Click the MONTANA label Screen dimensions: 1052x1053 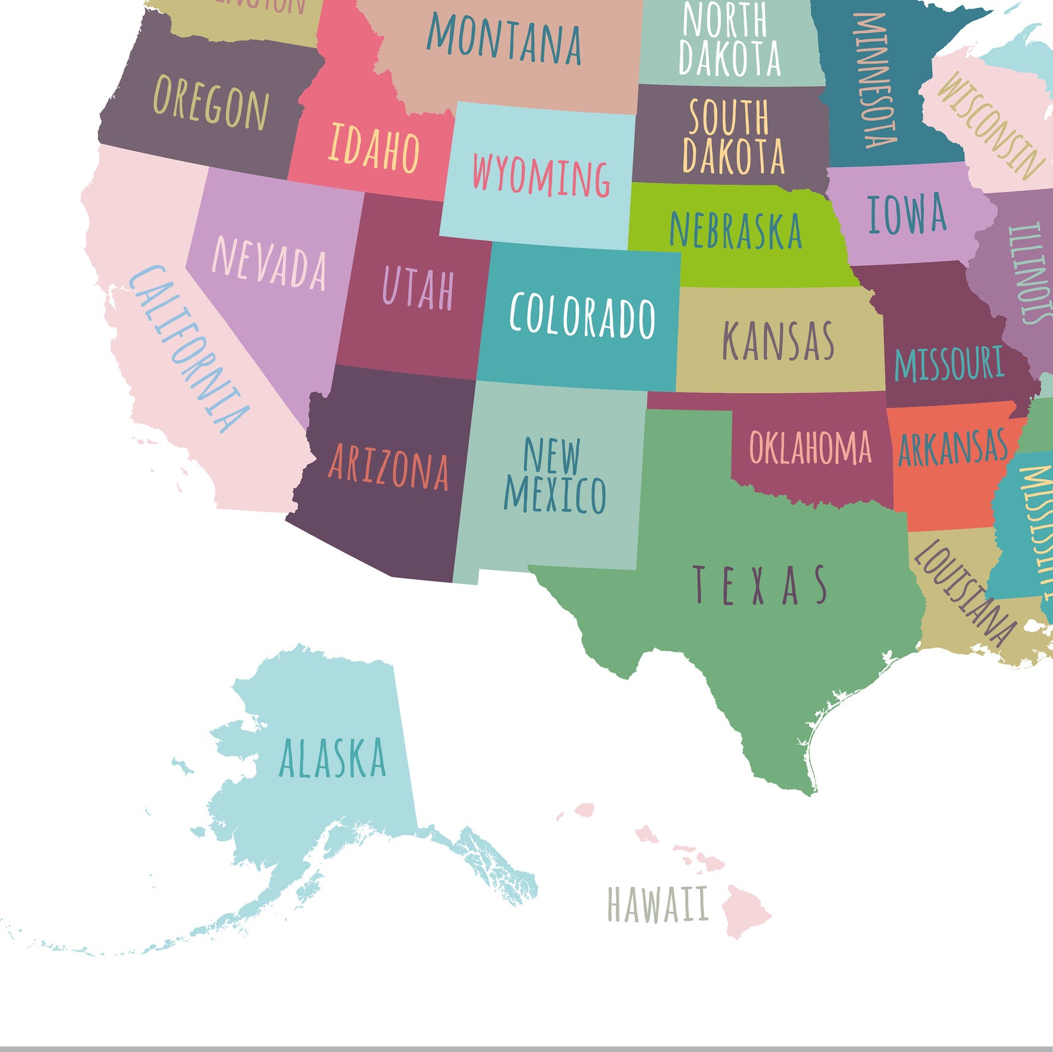click(x=504, y=40)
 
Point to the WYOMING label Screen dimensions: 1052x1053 click(x=540, y=176)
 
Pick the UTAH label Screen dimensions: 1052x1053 click(x=418, y=288)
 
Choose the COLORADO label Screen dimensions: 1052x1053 click(x=582, y=316)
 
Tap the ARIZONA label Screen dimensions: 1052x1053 click(x=389, y=468)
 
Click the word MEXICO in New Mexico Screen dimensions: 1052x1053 click(x=555, y=495)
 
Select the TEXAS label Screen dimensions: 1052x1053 click(x=761, y=585)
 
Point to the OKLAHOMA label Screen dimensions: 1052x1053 click(x=810, y=447)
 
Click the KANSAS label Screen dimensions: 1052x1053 click(x=778, y=341)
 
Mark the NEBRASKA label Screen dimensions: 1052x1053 click(x=735, y=230)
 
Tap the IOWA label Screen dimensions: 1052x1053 click(x=906, y=214)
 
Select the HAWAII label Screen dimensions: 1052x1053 click(x=657, y=905)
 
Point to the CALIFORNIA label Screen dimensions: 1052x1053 click(x=189, y=349)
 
